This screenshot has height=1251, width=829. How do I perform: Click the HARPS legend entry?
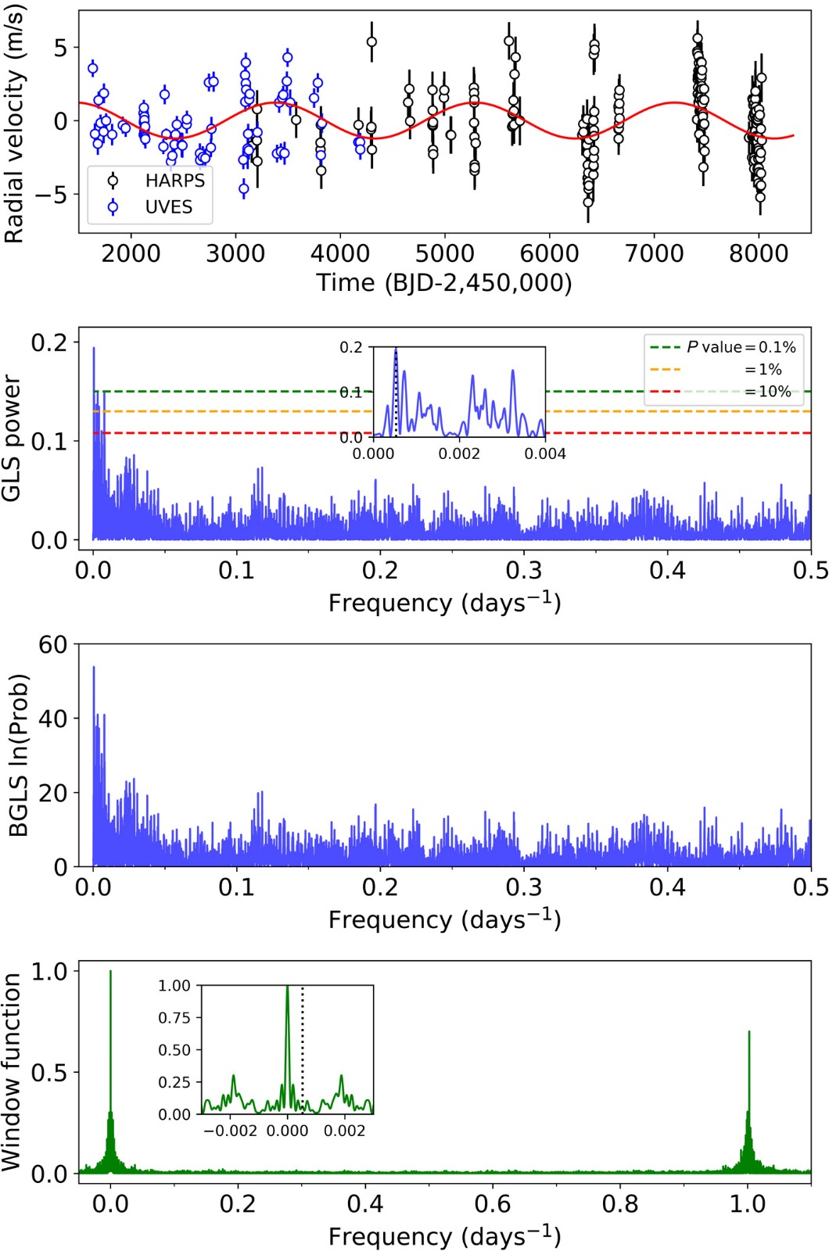174,181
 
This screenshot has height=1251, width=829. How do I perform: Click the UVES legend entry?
168,207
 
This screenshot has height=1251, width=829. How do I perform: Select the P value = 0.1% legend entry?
741,347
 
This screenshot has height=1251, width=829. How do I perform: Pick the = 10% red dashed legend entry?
766,392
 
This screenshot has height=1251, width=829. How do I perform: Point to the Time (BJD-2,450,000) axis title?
443,282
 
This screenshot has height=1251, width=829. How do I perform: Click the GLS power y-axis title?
13,438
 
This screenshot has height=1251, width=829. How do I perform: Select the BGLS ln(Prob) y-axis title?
19,755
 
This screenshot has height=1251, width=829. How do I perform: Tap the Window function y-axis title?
13,1072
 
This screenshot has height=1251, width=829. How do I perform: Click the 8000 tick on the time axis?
758,253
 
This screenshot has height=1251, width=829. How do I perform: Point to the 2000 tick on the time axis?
131,253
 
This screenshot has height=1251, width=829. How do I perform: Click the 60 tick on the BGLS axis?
53,645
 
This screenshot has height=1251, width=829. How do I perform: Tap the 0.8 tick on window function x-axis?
620,1203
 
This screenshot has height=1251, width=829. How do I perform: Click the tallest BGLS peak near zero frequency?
94,668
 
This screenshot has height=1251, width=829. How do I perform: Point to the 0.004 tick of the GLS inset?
545,454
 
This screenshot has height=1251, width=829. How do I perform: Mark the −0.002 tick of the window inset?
231,1131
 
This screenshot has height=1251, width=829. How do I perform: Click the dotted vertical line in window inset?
303,1048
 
